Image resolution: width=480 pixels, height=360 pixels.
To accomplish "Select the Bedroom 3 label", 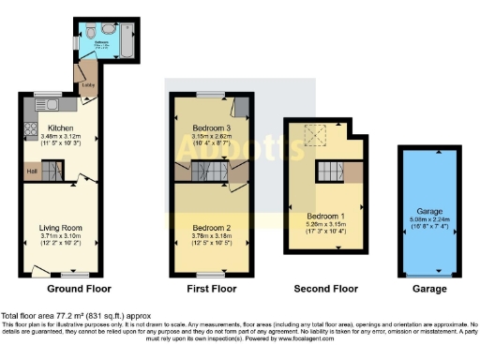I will point(203,127).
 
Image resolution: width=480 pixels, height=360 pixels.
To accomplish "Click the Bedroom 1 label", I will point(323,217).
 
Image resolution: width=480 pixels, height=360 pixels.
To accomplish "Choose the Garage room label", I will point(422,211).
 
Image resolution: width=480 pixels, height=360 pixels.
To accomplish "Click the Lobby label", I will point(89,84).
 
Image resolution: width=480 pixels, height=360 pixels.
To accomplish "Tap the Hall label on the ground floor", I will point(32,170).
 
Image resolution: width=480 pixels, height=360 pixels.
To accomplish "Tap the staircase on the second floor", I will point(328,172).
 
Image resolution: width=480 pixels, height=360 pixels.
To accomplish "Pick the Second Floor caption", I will point(322,289).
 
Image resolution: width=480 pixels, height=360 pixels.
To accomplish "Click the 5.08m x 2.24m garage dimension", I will point(422,219).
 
